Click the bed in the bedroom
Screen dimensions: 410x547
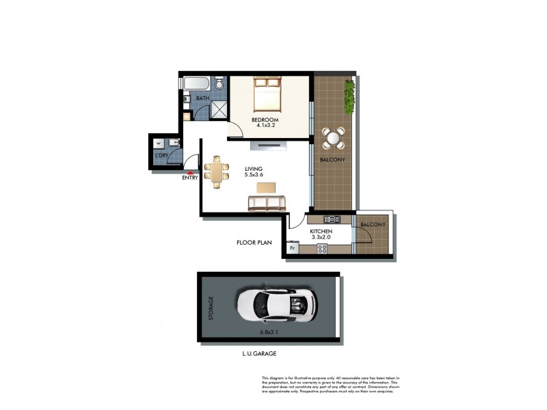pyautogui.click(x=267, y=95)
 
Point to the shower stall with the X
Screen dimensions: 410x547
pyautogui.click(x=217, y=109)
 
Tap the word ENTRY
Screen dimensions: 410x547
pyautogui.click(x=190, y=178)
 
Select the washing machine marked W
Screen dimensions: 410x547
pyautogui.click(x=159, y=144)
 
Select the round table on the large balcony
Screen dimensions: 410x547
pyautogui.click(x=333, y=138)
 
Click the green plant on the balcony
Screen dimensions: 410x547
pyautogui.click(x=349, y=97)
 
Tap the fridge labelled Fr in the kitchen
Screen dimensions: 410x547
pyautogui.click(x=293, y=248)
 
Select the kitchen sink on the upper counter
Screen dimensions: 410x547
pyautogui.click(x=332, y=219)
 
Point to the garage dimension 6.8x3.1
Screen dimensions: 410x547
pyautogui.click(x=268, y=332)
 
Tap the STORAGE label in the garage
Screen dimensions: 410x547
pyautogui.click(x=211, y=309)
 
